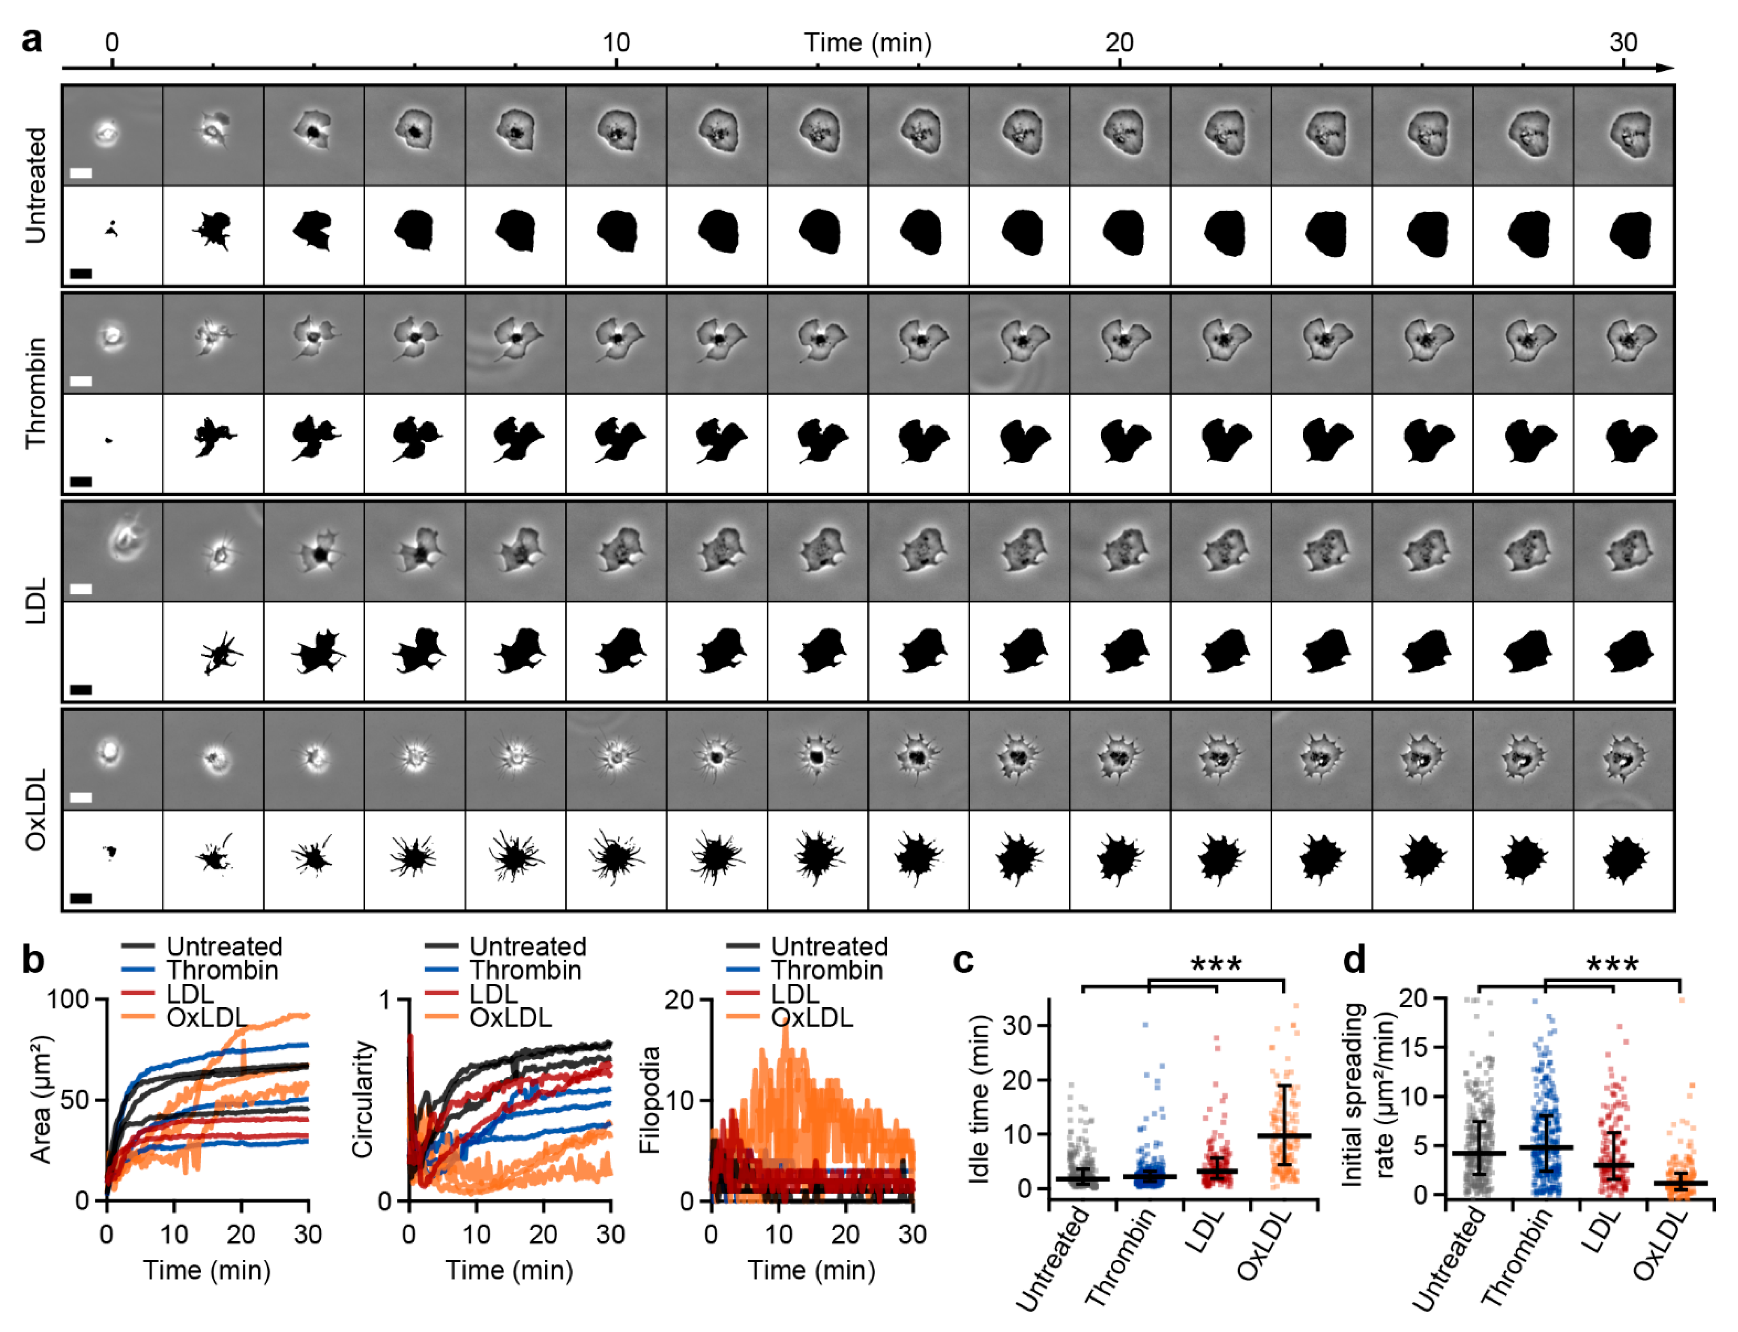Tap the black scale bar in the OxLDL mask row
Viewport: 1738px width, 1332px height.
[81, 898]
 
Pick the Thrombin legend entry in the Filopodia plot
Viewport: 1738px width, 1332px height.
[826, 970]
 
